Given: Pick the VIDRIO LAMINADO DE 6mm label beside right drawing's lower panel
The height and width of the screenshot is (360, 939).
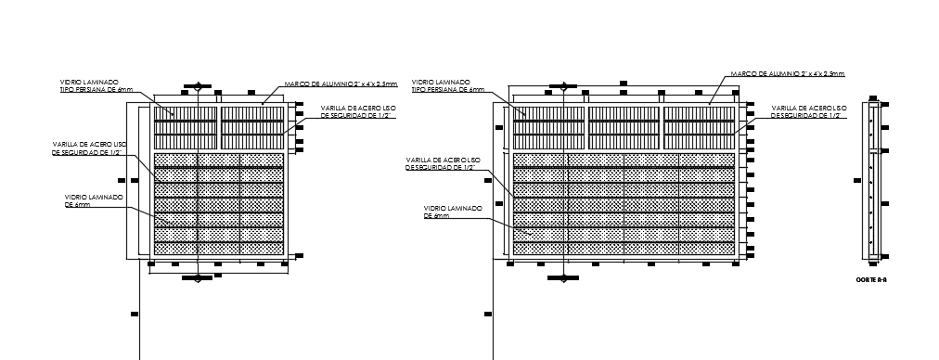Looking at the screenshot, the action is (x=452, y=212).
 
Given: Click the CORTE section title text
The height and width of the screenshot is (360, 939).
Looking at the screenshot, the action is (x=871, y=277).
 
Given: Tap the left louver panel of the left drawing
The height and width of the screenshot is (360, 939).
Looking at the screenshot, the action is (x=185, y=127).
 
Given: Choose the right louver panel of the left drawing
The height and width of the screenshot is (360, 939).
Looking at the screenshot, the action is (x=251, y=127).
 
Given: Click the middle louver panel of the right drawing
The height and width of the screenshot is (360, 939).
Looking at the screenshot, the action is (x=623, y=127).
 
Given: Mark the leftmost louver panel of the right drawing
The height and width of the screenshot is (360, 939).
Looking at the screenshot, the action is (x=547, y=127).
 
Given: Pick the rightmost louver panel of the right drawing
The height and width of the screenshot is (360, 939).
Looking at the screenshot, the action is (x=699, y=127).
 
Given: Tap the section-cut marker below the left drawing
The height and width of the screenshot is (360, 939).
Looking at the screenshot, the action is (x=198, y=278).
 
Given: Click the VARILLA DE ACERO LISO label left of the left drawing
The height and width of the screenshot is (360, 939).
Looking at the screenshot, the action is (x=88, y=148).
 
